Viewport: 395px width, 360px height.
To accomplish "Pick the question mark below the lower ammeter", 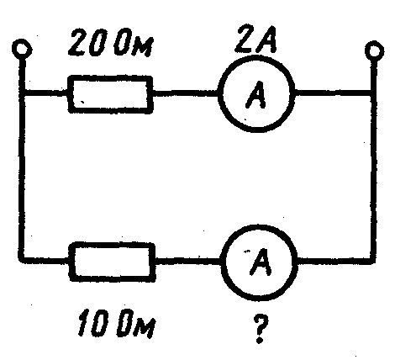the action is click(x=261, y=329).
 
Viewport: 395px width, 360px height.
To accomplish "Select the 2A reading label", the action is click(x=255, y=40).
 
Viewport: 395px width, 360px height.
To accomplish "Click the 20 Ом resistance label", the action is click(x=111, y=43).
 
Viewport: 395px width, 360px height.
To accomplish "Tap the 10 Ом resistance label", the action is click(x=116, y=323).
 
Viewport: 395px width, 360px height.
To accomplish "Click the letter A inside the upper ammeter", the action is click(x=255, y=95).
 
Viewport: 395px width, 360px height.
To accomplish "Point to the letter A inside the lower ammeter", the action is click(x=261, y=262).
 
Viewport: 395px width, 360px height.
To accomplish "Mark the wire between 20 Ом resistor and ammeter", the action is click(x=186, y=93).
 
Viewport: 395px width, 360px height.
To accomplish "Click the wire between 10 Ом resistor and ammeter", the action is click(x=188, y=261).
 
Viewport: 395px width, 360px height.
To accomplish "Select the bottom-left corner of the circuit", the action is click(x=22, y=260).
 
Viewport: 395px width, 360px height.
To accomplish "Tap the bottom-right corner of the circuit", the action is click(x=373, y=260).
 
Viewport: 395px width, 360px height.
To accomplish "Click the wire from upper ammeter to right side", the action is click(x=333, y=93).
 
